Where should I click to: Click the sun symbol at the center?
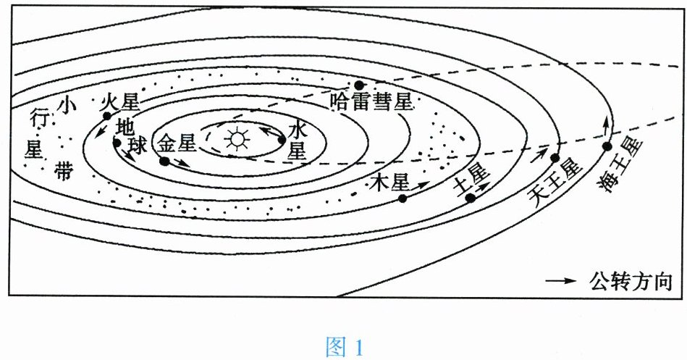[235, 138]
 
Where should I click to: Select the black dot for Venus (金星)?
[164, 161]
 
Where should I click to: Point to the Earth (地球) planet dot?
[117, 143]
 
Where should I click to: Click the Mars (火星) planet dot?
[106, 116]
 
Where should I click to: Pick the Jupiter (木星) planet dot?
[402, 198]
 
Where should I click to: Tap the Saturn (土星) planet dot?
[470, 198]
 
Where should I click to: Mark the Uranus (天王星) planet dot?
[555, 158]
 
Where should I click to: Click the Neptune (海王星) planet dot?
[607, 146]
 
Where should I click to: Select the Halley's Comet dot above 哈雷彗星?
[358, 85]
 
